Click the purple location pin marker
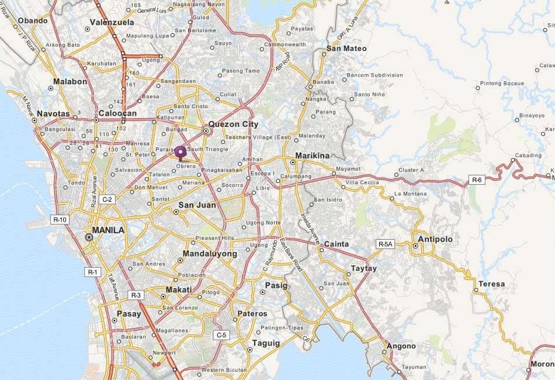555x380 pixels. coord(181,153)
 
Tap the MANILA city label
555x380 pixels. coord(108,230)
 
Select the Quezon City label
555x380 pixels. coord(233,124)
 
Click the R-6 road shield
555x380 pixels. coord(477,180)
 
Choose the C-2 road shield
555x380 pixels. coord(107,199)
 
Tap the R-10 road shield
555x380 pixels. coord(60,220)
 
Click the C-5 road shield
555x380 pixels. coord(221,335)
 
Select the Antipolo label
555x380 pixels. coord(435,239)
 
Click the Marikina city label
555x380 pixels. coord(313,156)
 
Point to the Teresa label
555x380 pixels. coord(491,284)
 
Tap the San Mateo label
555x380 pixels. coord(346,49)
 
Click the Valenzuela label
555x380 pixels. coord(112,22)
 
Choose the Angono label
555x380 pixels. coord(401,346)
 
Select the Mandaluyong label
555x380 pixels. coord(210,254)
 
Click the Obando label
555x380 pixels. coord(33,20)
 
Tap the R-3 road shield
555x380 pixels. coord(136,295)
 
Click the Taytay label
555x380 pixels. coord(364,268)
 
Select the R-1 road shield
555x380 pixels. coord(93,272)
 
